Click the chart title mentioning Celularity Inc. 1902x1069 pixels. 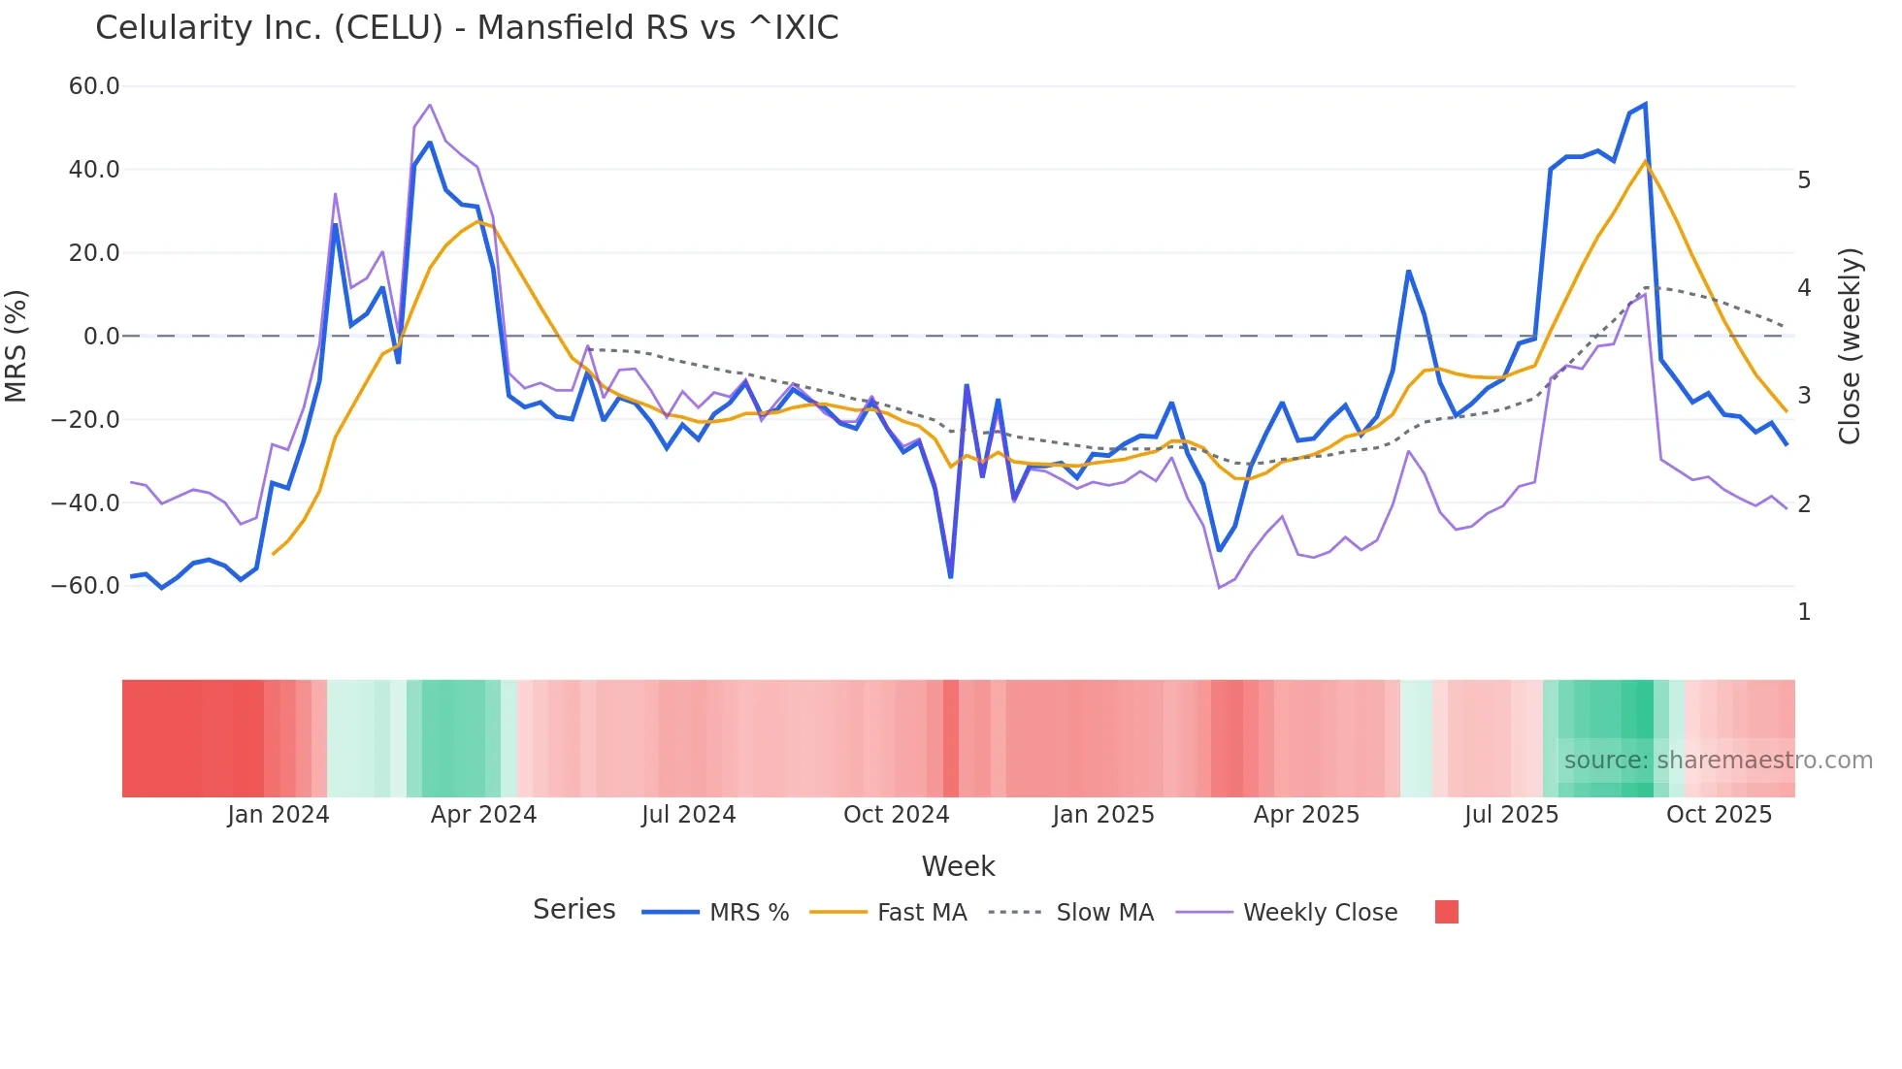click(x=467, y=28)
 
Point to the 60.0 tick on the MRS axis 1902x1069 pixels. click(x=94, y=86)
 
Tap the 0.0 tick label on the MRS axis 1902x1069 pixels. click(x=102, y=337)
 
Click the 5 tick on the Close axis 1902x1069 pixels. click(x=1804, y=180)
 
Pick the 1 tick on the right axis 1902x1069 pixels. click(x=1804, y=612)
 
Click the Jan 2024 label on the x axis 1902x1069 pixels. click(x=279, y=815)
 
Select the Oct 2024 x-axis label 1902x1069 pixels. click(x=896, y=815)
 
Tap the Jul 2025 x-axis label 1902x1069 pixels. click(x=1511, y=815)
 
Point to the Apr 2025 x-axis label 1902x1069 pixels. click(x=1306, y=815)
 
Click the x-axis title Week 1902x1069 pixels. click(x=958, y=866)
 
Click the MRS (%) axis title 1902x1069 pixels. click(x=16, y=346)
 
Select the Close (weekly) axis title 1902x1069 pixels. click(x=1850, y=346)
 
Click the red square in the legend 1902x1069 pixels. click(x=1446, y=912)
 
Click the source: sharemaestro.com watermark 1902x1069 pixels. click(x=1718, y=761)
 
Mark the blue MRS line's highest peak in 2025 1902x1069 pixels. click(x=1645, y=105)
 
